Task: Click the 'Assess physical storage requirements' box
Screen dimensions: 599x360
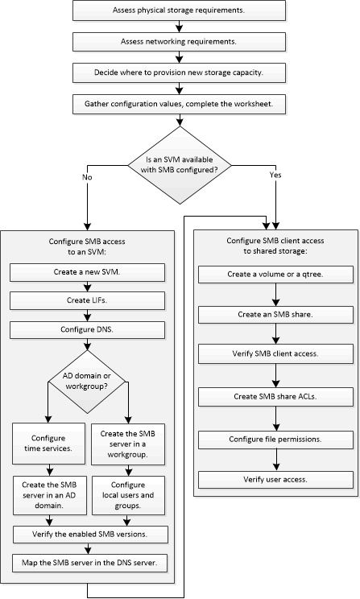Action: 180,11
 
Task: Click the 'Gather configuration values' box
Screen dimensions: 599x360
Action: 180,103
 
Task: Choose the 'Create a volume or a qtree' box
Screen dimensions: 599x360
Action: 275,275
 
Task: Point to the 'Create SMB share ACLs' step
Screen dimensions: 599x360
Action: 275,396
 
